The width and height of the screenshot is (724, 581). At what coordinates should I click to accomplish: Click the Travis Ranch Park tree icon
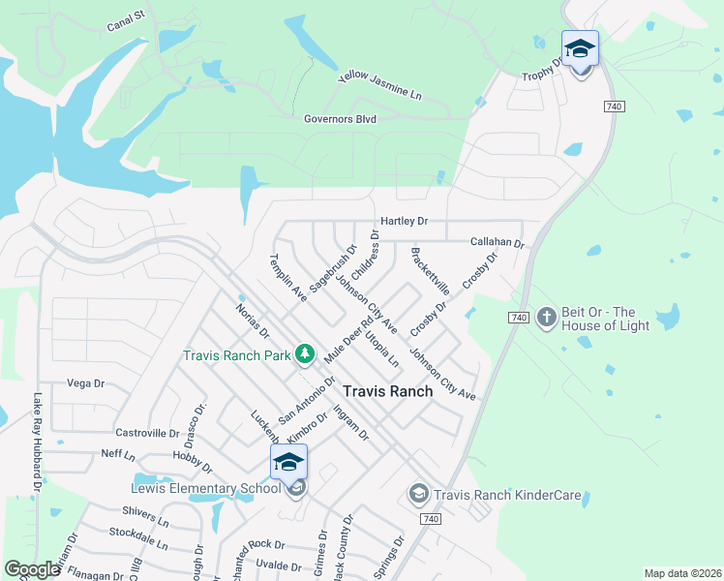coord(305,354)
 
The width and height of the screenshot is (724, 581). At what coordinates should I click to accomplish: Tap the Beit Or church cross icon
coord(547,318)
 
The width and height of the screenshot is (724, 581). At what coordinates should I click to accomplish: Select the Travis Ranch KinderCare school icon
coord(418,495)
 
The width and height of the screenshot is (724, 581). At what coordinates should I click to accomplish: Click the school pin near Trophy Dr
coord(580,48)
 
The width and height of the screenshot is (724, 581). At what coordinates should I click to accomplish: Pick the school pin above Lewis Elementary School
coord(289,462)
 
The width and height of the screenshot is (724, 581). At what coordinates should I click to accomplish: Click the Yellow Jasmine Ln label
coord(380,86)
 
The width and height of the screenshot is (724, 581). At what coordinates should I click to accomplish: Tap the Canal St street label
coord(126,19)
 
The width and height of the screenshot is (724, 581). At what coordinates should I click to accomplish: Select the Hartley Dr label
coord(404,222)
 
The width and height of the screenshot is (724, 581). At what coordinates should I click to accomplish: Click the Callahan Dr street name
coord(497,242)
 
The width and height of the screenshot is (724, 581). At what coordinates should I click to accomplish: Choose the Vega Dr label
coord(85,383)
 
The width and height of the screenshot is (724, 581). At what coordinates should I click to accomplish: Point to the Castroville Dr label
coord(147,433)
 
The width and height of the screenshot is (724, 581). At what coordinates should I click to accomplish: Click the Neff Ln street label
coord(118,453)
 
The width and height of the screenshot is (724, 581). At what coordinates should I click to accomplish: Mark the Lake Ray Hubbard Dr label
coord(37,442)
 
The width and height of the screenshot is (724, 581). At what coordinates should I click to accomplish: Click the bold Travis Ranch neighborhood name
coord(388,391)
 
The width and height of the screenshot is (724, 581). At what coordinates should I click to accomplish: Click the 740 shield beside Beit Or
coord(518,318)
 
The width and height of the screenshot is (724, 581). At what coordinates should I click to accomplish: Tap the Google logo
coord(32,569)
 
